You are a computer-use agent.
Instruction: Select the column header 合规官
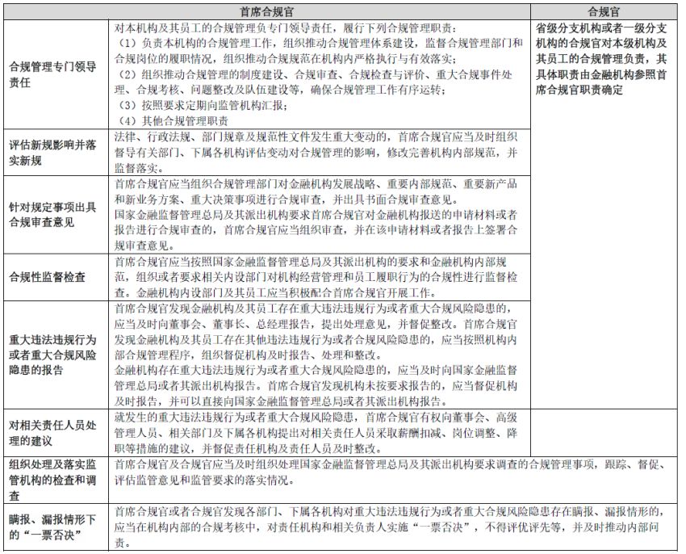tap(604, 11)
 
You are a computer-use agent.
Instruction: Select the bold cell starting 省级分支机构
tap(603, 59)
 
